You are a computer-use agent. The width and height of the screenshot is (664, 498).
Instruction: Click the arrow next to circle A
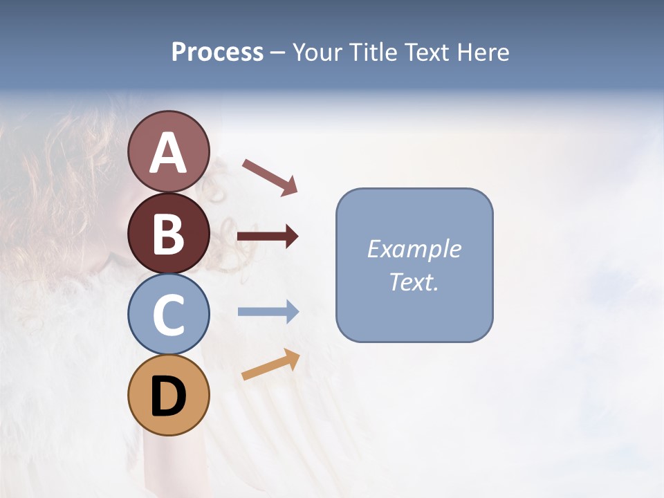(270, 176)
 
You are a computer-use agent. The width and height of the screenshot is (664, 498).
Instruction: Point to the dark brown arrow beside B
(268, 237)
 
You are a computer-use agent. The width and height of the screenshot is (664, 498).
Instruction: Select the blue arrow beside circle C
(268, 312)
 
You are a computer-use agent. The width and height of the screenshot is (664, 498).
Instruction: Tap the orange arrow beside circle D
(270, 365)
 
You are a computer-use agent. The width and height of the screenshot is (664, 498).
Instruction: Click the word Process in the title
(217, 53)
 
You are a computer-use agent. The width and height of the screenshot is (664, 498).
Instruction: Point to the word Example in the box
(414, 249)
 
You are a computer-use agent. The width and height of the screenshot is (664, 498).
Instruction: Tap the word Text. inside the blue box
(414, 282)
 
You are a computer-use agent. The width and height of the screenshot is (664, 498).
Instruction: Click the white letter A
(168, 154)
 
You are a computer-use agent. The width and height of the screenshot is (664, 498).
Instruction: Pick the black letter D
(168, 396)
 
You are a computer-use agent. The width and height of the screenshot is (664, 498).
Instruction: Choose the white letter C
(168, 315)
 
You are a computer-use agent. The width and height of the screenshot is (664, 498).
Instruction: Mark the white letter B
(168, 234)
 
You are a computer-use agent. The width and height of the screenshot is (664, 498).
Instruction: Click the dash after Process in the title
(277, 53)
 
